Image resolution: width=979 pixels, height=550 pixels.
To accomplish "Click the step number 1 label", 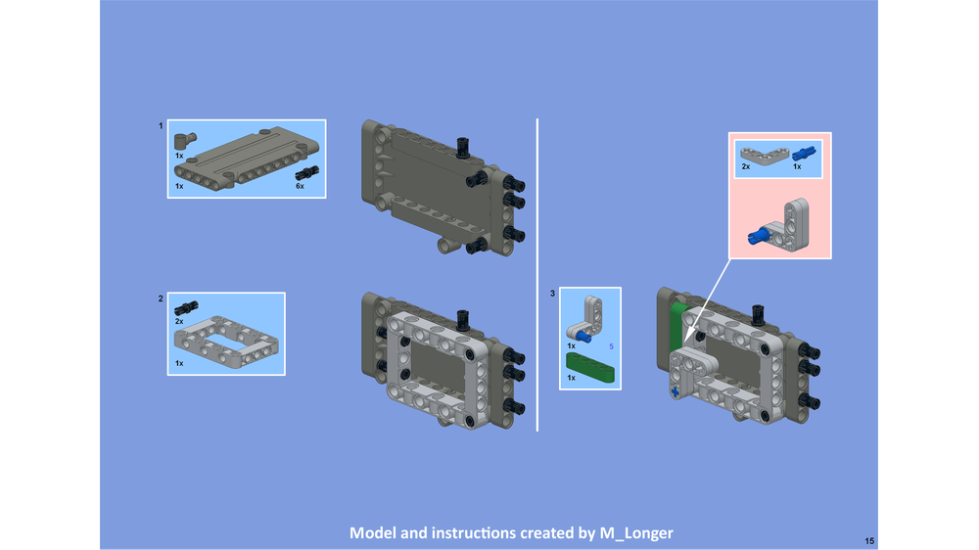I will pos(161,126).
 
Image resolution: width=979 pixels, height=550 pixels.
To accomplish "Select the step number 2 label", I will pos(161,298).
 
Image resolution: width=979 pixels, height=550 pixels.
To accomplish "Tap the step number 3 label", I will pos(552,294).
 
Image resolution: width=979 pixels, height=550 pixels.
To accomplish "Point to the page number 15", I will pos(869,540).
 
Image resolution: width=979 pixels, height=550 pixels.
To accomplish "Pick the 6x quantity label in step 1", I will pos(301,186).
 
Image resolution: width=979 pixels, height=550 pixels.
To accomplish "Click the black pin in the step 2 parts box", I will pos(184,308).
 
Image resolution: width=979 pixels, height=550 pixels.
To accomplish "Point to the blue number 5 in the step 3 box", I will pos(611,346).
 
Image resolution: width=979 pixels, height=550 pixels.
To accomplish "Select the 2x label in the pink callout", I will pos(746,167).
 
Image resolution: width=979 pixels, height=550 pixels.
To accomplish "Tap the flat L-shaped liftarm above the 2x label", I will pos(759,153).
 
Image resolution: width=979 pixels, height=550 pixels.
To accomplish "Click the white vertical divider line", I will pos(537,274).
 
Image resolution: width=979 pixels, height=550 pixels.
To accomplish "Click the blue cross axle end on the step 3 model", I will pos(676,392).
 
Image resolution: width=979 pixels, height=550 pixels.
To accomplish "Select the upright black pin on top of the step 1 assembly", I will pos(463,148).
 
